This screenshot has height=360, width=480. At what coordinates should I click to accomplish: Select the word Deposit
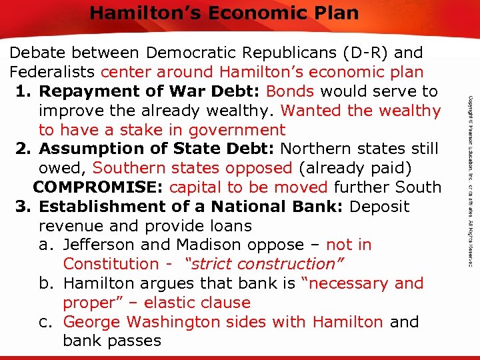point(379,207)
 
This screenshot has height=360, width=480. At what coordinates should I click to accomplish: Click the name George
point(92,322)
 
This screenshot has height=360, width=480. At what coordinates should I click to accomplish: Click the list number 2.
point(22,149)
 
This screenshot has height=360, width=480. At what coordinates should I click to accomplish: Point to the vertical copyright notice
point(469,180)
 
